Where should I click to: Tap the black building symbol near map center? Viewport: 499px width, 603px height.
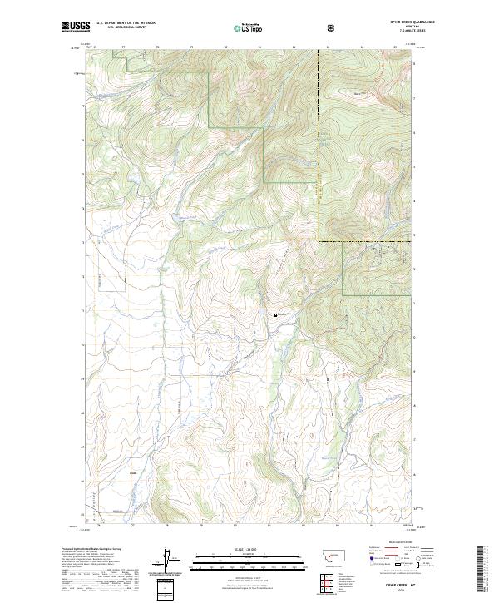[275, 315]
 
